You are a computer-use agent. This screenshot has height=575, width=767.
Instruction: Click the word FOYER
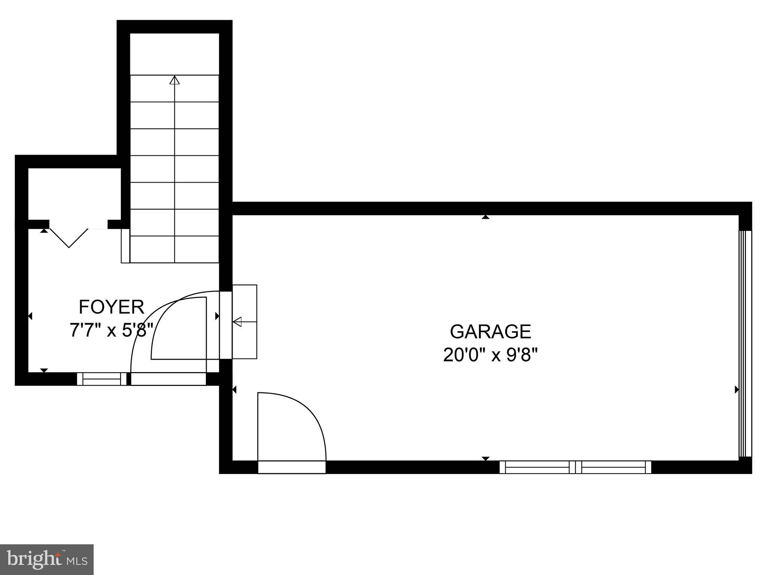111,307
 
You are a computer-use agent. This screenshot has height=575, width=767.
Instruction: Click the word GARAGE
490,331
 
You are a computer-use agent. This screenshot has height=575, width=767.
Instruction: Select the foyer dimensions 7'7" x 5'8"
112,330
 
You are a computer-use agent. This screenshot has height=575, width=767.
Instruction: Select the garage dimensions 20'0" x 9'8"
490,355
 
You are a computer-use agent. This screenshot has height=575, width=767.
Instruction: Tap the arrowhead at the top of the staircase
175,80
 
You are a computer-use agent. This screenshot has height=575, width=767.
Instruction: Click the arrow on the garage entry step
237,322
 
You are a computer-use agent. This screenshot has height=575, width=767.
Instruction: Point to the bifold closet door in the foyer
69,238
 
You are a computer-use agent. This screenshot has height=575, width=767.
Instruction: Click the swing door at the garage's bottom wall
292,467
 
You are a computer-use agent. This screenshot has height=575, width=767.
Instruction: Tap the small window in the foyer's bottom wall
102,379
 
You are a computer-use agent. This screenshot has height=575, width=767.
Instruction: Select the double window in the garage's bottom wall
575,467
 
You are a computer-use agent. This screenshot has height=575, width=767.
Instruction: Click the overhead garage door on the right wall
745,344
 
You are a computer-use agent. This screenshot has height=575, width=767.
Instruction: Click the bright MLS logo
47,559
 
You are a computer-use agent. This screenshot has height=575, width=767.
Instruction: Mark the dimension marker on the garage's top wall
486,217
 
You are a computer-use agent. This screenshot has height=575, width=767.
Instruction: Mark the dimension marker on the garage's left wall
234,390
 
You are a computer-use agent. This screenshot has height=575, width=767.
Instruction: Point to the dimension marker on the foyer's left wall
30,316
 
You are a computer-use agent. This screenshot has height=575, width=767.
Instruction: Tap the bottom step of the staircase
175,250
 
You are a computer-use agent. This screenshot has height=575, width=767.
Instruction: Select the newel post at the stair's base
125,246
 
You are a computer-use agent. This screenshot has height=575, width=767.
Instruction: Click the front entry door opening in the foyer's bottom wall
169,379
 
